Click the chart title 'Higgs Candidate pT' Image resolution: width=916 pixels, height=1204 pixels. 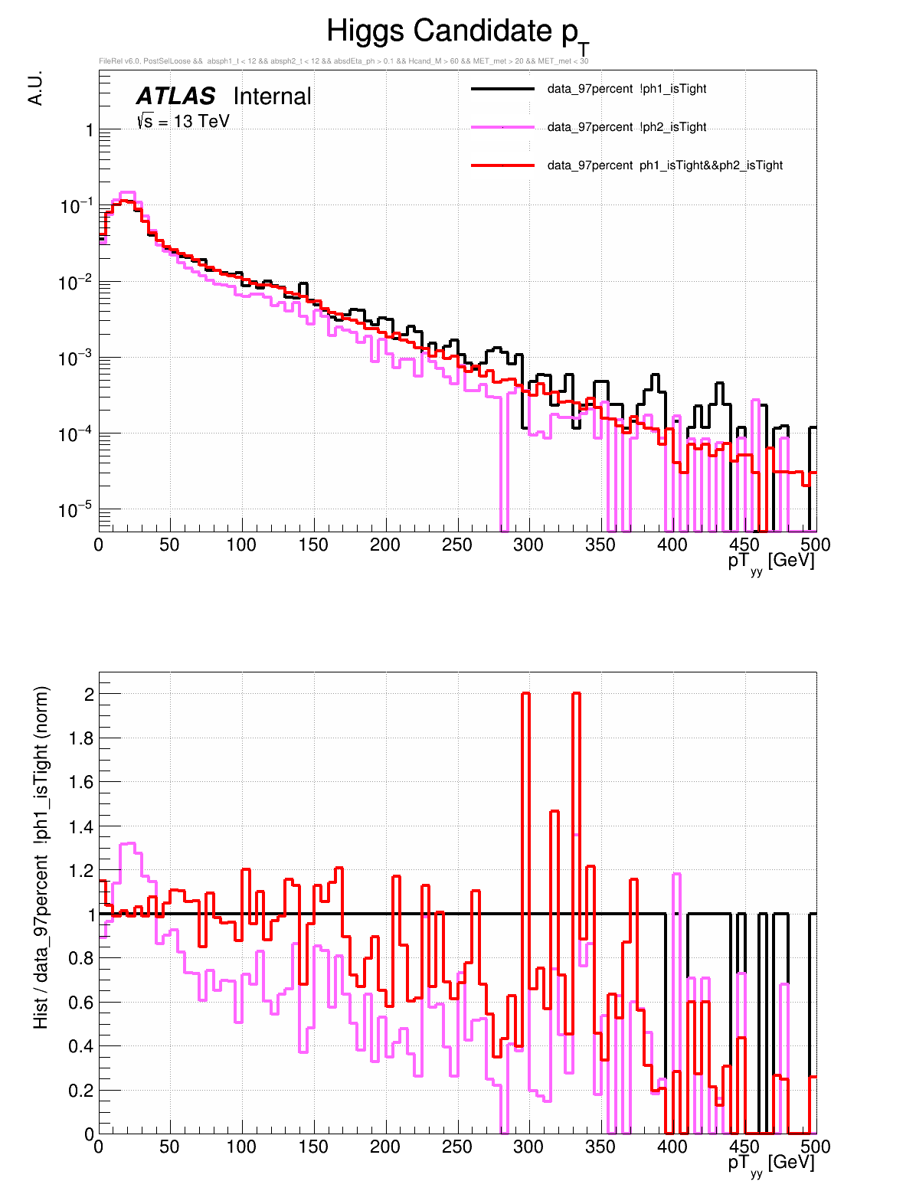457,33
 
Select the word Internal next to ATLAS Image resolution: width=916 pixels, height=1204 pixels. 272,97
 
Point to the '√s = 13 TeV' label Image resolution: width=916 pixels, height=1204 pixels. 183,121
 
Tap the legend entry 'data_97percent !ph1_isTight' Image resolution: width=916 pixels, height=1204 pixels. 626,89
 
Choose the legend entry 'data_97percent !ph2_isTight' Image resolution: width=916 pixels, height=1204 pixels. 626,127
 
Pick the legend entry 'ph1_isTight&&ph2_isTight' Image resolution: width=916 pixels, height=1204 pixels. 665,165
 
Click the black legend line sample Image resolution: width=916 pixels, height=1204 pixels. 502,89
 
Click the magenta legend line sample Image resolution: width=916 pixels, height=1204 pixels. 502,127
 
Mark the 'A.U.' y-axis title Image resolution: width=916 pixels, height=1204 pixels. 35,88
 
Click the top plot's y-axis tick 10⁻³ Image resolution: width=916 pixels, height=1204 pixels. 75,358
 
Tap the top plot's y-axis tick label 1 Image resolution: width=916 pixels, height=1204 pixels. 90,131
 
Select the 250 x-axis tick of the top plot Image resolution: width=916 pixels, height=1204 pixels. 457,545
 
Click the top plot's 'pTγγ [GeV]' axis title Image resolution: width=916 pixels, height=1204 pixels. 770,561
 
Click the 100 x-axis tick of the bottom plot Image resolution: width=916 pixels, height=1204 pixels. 241,1147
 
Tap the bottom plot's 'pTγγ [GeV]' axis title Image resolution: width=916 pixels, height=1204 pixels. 770,1163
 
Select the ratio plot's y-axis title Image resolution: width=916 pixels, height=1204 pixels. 41,857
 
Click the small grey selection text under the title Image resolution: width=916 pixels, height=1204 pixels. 343,61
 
